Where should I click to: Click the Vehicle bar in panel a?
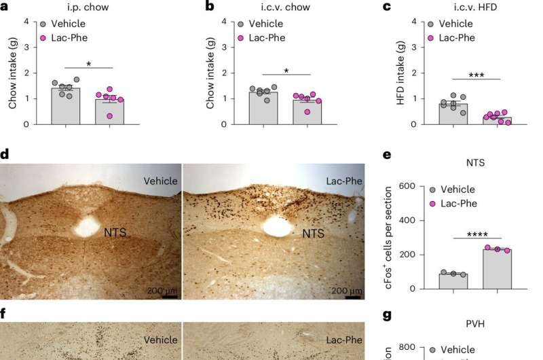click(66, 107)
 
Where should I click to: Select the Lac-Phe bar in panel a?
click(109, 112)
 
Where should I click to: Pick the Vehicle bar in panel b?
click(263, 108)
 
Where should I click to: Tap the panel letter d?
click(5, 155)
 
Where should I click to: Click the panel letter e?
click(388, 155)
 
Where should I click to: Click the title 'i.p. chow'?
click(89, 7)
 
